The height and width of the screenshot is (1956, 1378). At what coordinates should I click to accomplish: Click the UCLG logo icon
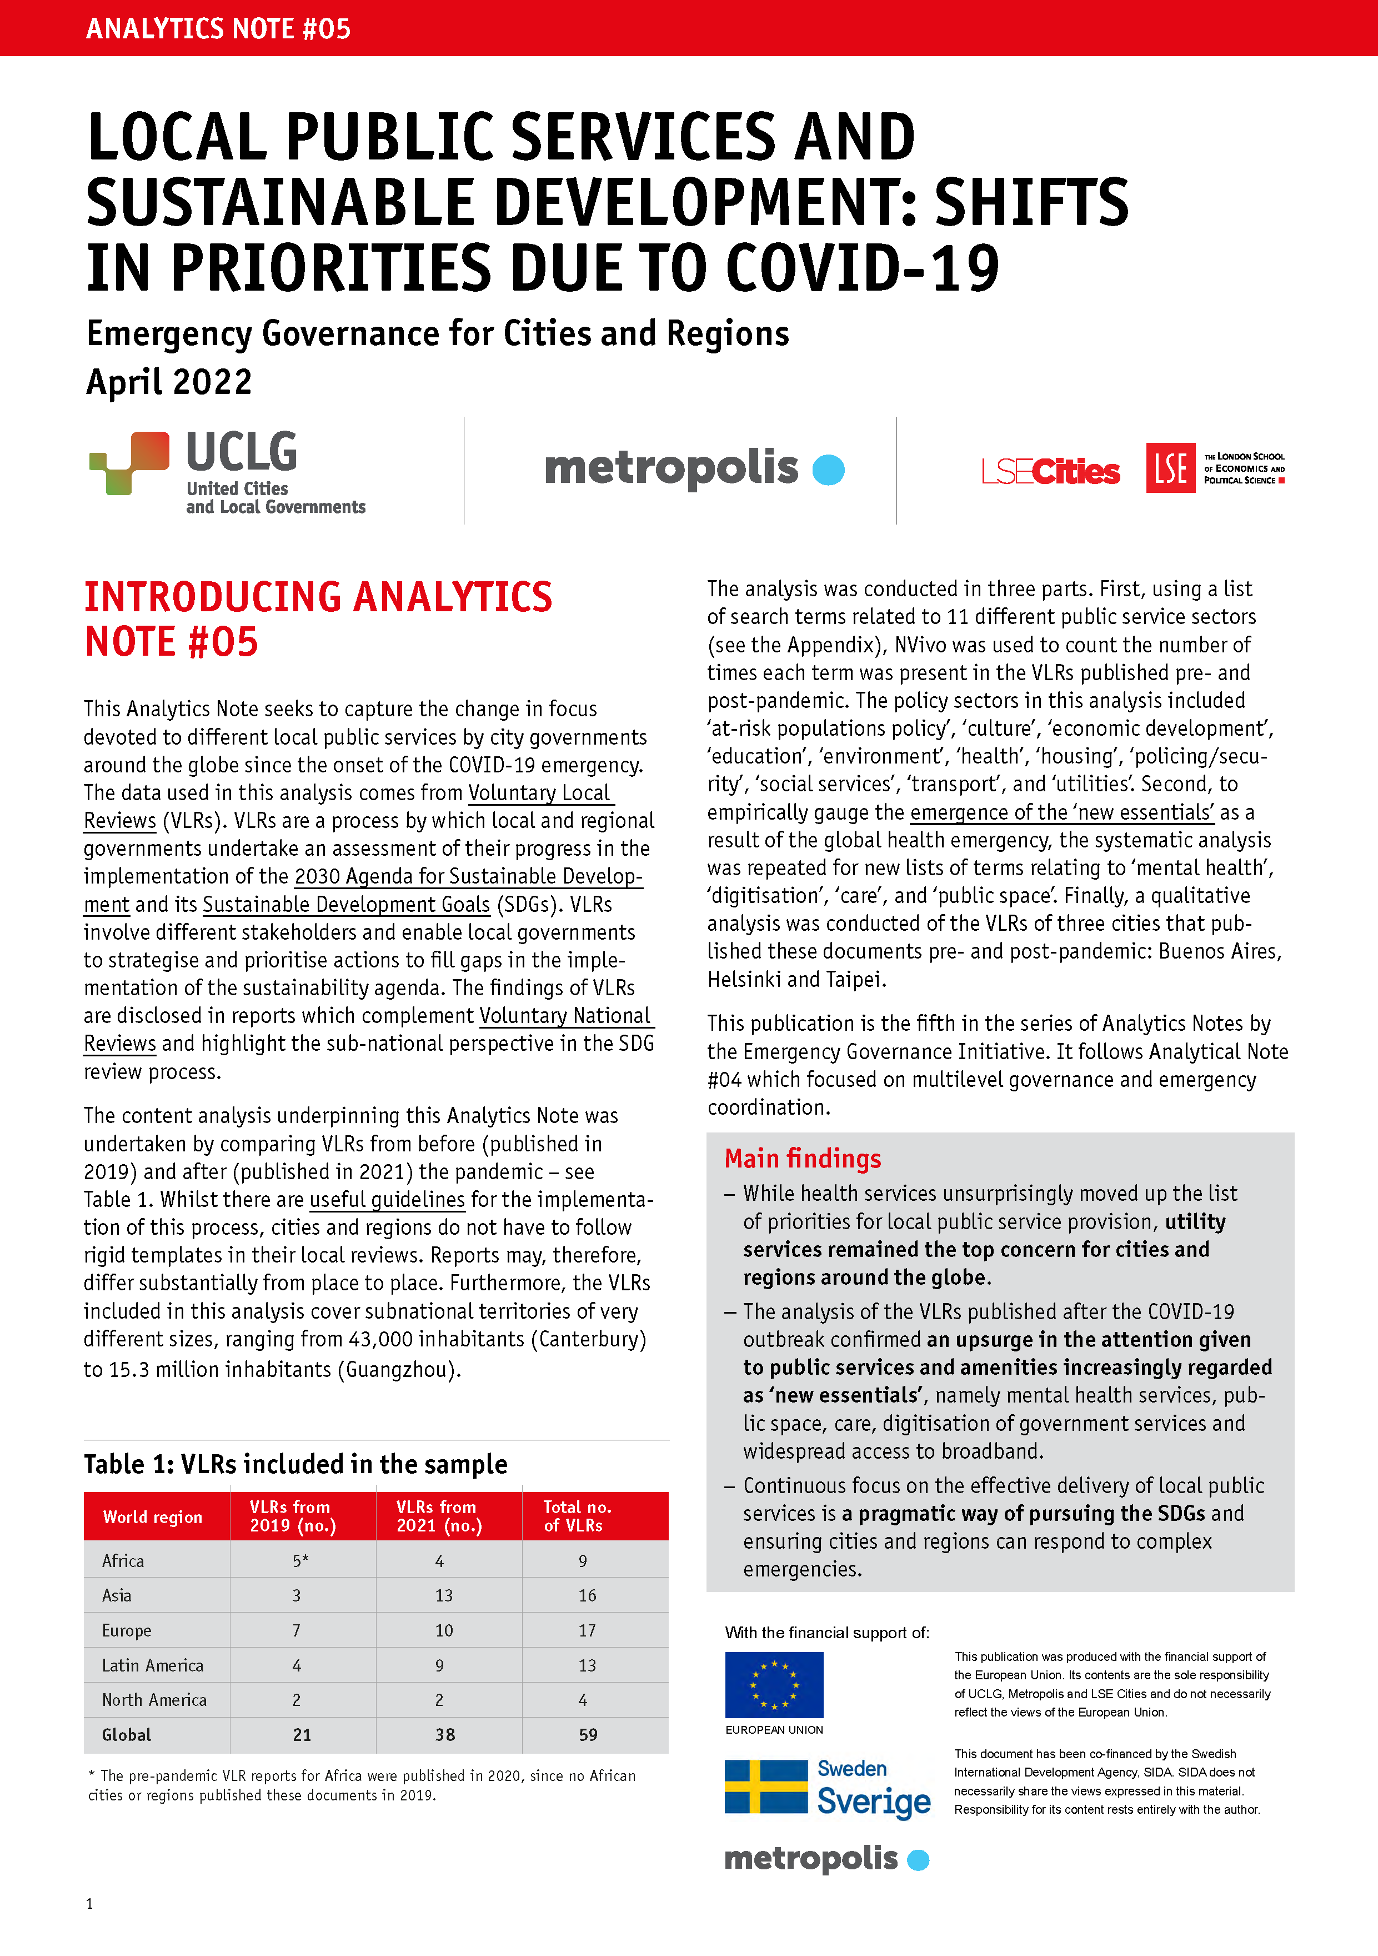pyautogui.click(x=129, y=462)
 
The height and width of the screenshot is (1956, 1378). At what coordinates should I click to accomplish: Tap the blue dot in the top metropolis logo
pyautogui.click(x=828, y=470)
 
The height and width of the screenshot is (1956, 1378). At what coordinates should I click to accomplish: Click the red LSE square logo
pyautogui.click(x=1170, y=468)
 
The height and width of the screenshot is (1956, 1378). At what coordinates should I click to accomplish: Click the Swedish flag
pyautogui.click(x=766, y=1787)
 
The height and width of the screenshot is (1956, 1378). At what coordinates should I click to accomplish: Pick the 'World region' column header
pyautogui.click(x=153, y=1516)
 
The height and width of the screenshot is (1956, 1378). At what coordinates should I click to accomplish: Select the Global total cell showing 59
pyautogui.click(x=588, y=1734)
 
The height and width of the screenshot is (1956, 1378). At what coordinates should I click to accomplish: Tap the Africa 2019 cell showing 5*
pyautogui.click(x=300, y=1561)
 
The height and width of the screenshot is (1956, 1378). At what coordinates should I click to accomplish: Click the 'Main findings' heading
pyautogui.click(x=802, y=1159)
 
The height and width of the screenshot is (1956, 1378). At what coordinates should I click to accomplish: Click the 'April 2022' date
pyautogui.click(x=169, y=382)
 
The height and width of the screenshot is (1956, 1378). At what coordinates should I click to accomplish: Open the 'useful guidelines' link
pyautogui.click(x=388, y=1200)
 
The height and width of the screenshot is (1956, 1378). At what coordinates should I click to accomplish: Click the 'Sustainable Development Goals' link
pyautogui.click(x=346, y=904)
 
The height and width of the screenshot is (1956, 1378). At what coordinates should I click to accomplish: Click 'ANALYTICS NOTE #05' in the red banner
pyautogui.click(x=218, y=29)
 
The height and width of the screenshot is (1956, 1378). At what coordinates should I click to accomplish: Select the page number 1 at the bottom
pyautogui.click(x=89, y=1903)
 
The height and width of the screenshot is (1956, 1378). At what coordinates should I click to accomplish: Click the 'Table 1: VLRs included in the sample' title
pyautogui.click(x=295, y=1464)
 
